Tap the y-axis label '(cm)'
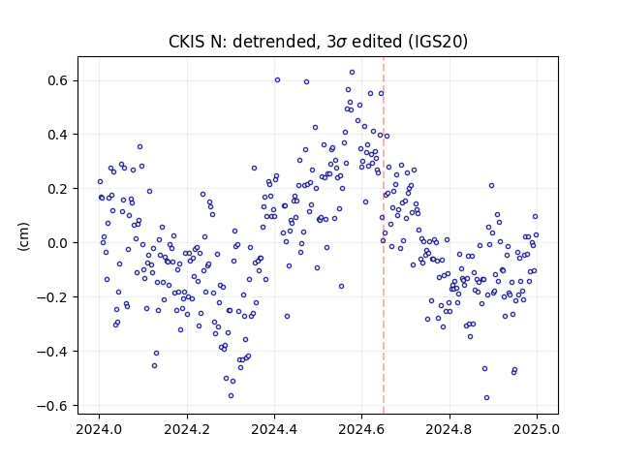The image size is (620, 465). [x=23, y=236]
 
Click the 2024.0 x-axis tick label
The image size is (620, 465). [x=99, y=429]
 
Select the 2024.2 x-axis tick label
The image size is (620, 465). [x=187, y=429]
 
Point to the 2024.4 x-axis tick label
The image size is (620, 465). [x=274, y=429]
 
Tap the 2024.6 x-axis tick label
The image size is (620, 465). [x=361, y=429]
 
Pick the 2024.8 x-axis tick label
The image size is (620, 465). [x=449, y=429]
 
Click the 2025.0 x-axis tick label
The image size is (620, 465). [x=537, y=429]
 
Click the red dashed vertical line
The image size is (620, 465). [x=384, y=235]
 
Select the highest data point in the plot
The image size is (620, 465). [x=352, y=73]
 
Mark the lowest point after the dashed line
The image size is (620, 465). [x=486, y=398]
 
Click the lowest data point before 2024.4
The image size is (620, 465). [x=231, y=396]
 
